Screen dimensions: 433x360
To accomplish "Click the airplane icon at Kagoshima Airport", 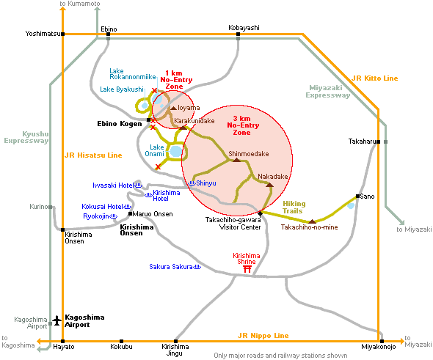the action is pyautogui.click(x=57, y=320).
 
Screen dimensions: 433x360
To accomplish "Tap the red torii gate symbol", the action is pyautogui.click(x=247, y=269).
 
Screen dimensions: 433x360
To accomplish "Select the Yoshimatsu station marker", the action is pyautogui.click(x=63, y=34).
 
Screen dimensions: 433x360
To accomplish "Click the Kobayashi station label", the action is pyautogui.click(x=244, y=28).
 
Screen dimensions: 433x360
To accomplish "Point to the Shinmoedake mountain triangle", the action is pyautogui.click(x=236, y=160).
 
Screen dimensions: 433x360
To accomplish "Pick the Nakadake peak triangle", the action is pyautogui.click(x=270, y=185).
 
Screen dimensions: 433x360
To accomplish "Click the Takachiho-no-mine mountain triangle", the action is pyautogui.click(x=312, y=221).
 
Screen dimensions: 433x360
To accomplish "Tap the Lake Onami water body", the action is pyautogui.click(x=176, y=151).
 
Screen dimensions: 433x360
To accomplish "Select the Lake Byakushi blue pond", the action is pyautogui.click(x=145, y=106).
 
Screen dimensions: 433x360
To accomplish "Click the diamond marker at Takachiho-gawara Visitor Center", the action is pyautogui.click(x=260, y=213).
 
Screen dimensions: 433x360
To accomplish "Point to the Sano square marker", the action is pyautogui.click(x=357, y=196).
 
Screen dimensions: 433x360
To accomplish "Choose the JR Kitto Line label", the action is pyautogui.click(x=375, y=78).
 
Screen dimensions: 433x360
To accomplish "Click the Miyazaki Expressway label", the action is pyautogui.click(x=327, y=92).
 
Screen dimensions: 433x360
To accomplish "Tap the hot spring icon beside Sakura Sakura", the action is pyautogui.click(x=197, y=267).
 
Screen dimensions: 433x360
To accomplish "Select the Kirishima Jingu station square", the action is pyautogui.click(x=175, y=341).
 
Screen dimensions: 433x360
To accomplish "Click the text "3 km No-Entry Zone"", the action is pyautogui.click(x=243, y=125).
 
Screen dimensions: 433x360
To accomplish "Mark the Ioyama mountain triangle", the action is pyautogui.click(x=173, y=108).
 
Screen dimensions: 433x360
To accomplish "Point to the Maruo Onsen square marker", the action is pyautogui.click(x=131, y=214).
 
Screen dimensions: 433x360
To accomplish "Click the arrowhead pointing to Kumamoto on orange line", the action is pyautogui.click(x=63, y=9).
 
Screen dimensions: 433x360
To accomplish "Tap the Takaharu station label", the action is pyautogui.click(x=362, y=142).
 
